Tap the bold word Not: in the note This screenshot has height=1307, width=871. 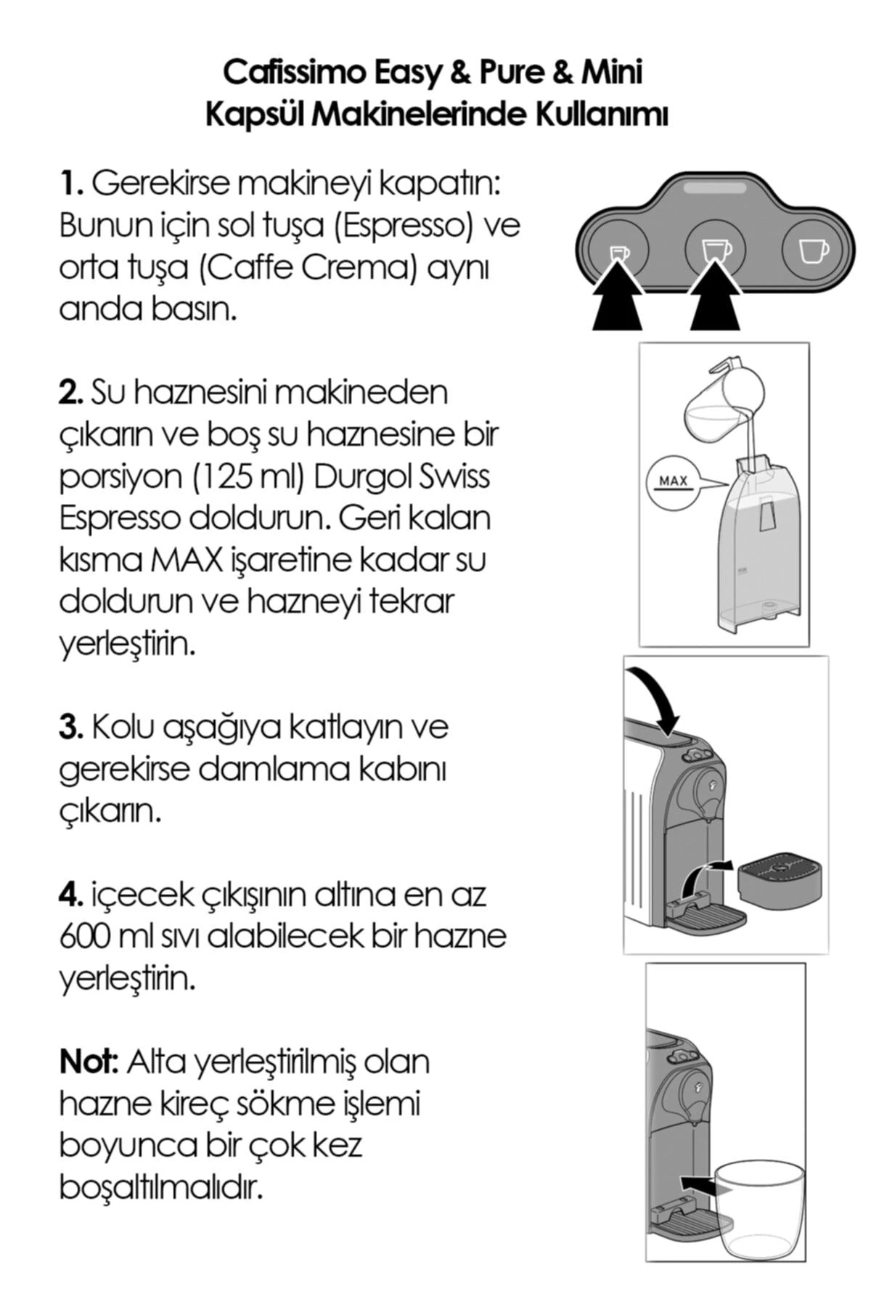(88, 1063)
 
